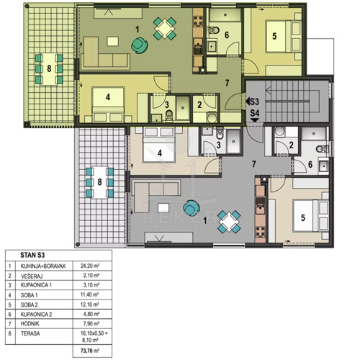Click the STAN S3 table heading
32,255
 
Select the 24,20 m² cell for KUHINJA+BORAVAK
90,266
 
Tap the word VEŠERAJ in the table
32,276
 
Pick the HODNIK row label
30,324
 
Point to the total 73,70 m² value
90,351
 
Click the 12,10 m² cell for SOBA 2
90,305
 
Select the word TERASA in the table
30,333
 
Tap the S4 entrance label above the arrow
255,113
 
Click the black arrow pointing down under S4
255,120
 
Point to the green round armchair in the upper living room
139,45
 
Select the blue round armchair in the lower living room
192,208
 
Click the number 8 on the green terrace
49,68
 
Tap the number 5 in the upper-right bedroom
274,36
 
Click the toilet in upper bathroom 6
214,30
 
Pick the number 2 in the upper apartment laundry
199,104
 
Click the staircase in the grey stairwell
292,102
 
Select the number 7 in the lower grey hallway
254,164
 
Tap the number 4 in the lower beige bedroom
160,153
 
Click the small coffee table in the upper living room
112,41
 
